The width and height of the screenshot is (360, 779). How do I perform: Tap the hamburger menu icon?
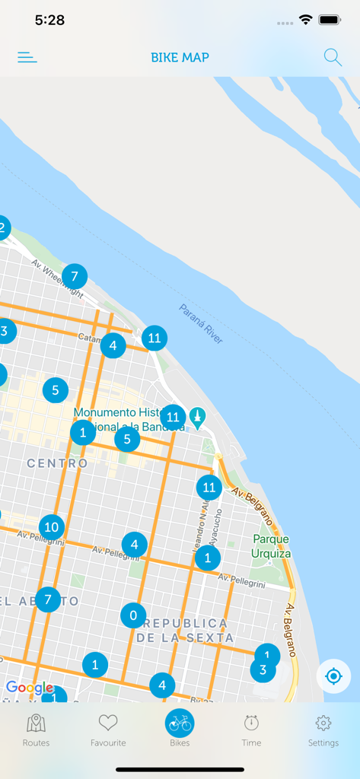[27, 57]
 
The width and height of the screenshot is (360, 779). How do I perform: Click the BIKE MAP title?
[180, 57]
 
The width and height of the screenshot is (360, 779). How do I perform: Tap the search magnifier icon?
[333, 57]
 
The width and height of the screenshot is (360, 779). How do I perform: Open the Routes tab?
[36, 730]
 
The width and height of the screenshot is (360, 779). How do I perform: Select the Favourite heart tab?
[108, 730]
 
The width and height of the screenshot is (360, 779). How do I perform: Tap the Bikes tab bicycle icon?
[180, 723]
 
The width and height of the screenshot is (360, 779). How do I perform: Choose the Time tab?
[251, 730]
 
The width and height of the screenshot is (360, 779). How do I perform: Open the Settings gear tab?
[323, 730]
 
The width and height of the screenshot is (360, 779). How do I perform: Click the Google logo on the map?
[30, 688]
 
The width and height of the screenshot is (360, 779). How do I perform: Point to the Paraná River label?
[202, 324]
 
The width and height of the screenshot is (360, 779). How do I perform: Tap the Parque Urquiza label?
[272, 546]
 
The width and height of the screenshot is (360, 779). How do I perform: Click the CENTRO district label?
[57, 463]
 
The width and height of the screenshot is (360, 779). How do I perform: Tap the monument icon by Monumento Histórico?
[198, 418]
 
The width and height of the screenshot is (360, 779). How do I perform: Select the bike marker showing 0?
[133, 615]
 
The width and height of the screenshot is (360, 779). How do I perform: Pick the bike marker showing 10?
[52, 526]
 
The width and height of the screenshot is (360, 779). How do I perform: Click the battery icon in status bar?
[330, 21]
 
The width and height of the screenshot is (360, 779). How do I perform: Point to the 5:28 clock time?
[49, 21]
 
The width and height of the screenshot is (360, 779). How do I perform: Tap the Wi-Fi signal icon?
[306, 21]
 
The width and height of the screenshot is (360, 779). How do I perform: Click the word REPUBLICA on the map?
[185, 623]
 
